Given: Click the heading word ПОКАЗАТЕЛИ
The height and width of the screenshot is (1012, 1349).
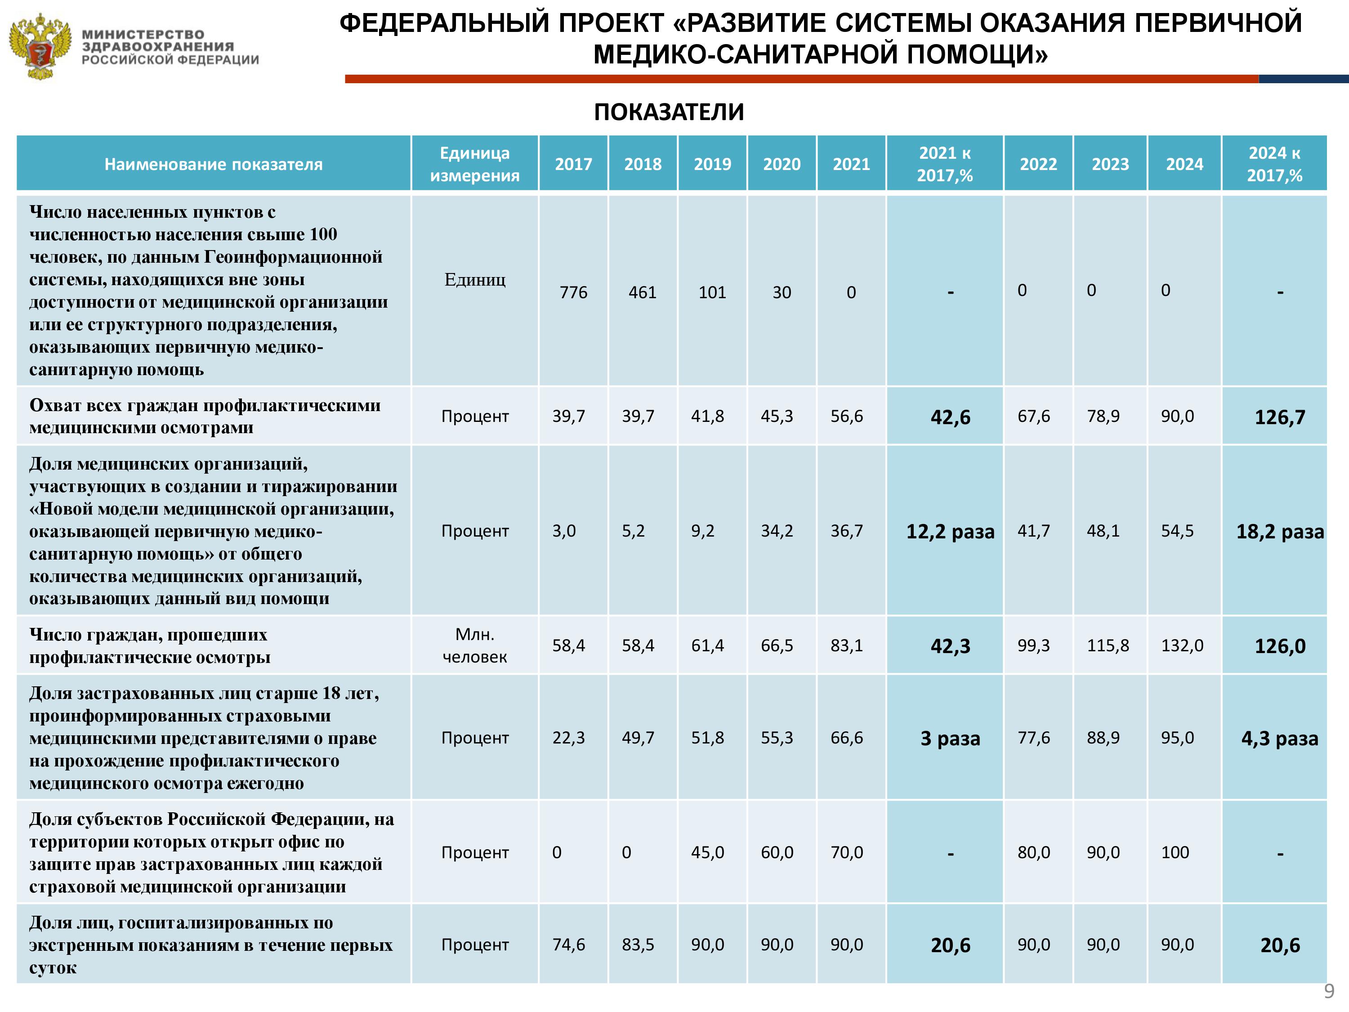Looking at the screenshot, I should (x=669, y=112).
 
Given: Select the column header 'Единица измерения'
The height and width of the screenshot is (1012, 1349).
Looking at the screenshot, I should (x=474, y=164).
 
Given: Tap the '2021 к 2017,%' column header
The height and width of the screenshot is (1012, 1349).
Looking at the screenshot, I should (x=945, y=164).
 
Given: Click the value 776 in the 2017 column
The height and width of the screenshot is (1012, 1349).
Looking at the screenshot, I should (x=573, y=293).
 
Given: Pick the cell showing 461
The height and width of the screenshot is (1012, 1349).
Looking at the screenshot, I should (x=643, y=293).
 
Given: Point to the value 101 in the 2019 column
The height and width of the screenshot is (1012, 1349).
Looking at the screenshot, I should (x=712, y=293).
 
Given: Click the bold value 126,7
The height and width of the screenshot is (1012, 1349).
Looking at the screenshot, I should (x=1279, y=417).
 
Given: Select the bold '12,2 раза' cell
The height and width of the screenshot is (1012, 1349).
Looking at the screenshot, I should (x=950, y=531).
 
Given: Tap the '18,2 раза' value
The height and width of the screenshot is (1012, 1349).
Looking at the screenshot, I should (x=1279, y=531).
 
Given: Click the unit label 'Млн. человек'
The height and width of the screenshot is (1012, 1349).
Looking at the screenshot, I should (x=474, y=645).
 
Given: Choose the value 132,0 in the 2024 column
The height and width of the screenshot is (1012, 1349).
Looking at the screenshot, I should (x=1182, y=645).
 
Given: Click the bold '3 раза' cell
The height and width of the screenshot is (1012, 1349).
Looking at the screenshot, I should (x=950, y=739).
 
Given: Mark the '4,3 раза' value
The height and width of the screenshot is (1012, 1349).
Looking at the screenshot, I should (x=1279, y=739).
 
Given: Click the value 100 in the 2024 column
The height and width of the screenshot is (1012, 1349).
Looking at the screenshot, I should (x=1175, y=852).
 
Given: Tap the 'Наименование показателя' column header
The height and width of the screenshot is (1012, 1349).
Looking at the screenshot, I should (x=214, y=164).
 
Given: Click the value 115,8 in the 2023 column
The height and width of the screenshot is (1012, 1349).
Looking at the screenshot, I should (x=1108, y=645).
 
